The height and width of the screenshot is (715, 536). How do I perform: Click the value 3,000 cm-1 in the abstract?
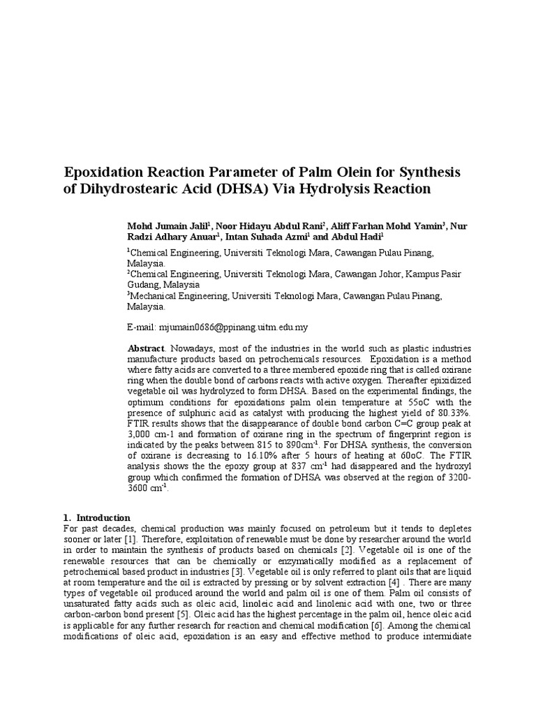coord(153,434)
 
